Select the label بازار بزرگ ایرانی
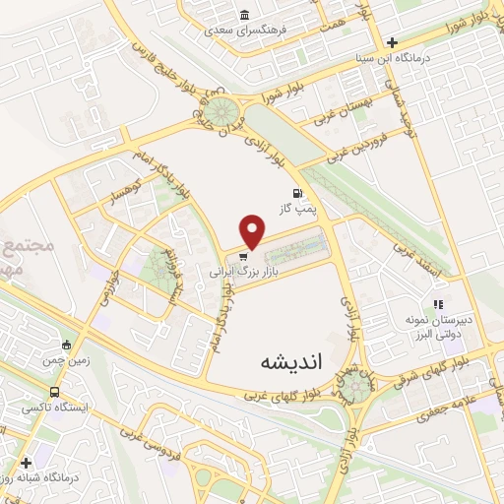[241, 269]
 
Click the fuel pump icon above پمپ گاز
[296, 193]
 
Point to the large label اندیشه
[290, 361]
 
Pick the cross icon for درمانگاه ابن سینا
[393, 42]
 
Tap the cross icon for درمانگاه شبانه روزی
[26, 461]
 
